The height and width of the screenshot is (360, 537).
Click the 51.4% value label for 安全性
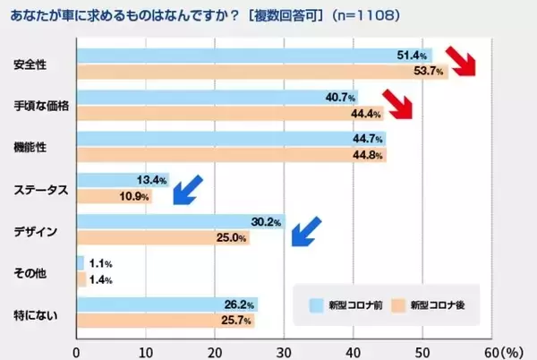click(410, 56)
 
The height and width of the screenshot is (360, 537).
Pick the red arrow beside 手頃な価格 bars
click(398, 105)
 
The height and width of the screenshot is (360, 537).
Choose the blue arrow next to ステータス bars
click(188, 189)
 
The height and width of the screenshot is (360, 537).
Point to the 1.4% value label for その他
click(100, 280)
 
